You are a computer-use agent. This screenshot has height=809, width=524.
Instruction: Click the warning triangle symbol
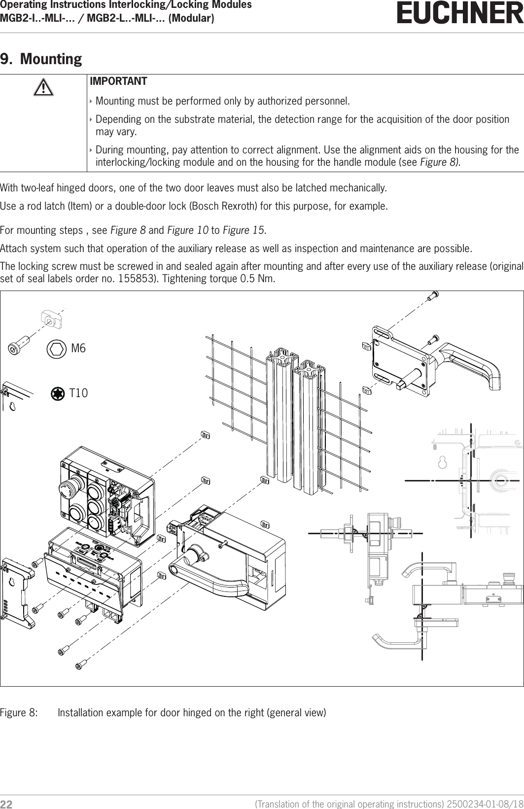pyautogui.click(x=43, y=88)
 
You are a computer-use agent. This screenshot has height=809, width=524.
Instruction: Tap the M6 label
pyautogui.click(x=78, y=348)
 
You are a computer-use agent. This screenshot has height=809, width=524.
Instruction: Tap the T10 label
pyautogui.click(x=78, y=393)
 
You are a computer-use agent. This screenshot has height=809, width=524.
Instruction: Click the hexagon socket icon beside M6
pyautogui.click(x=56, y=349)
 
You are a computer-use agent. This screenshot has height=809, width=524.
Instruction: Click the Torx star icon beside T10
pyautogui.click(x=58, y=394)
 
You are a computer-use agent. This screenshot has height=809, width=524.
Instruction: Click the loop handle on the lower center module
pyautogui.click(x=207, y=573)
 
